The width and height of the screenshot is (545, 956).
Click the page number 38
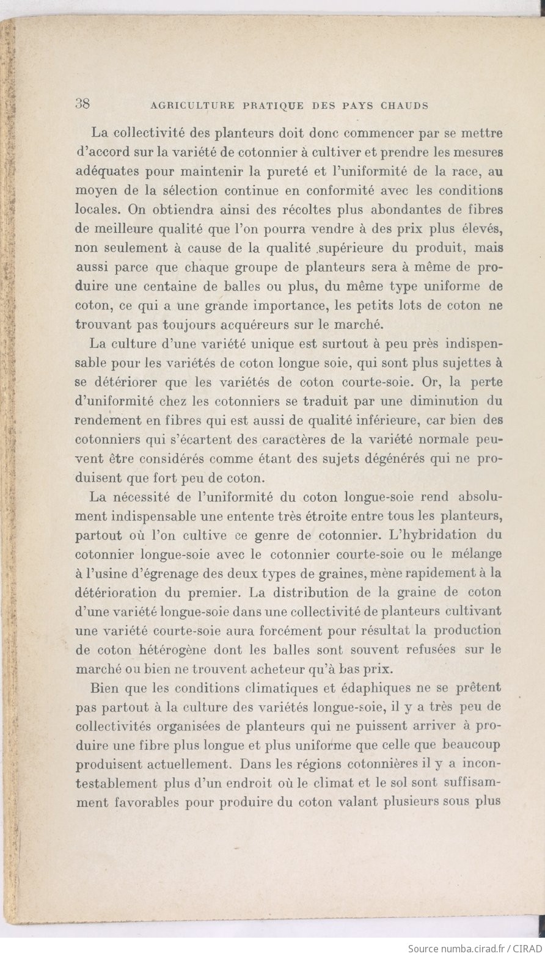pos(82,103)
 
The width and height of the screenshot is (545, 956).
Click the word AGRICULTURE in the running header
pos(192,105)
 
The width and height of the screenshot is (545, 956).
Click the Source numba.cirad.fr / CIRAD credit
pos(474,948)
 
